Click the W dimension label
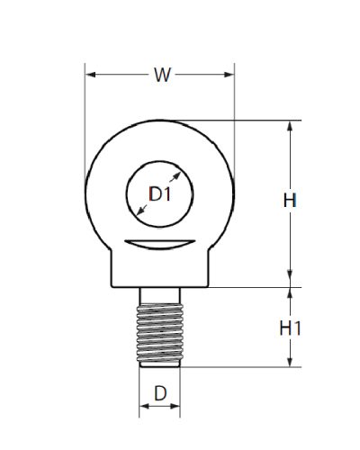click(162, 75)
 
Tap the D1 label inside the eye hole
click(160, 193)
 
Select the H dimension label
click(290, 200)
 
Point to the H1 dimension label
click(290, 328)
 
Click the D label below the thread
click(160, 393)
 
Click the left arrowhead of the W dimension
click(91, 75)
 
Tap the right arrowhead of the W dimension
click(229, 75)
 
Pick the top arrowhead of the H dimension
click(290, 126)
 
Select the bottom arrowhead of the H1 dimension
click(290, 362)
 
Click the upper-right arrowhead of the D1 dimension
click(177, 175)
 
